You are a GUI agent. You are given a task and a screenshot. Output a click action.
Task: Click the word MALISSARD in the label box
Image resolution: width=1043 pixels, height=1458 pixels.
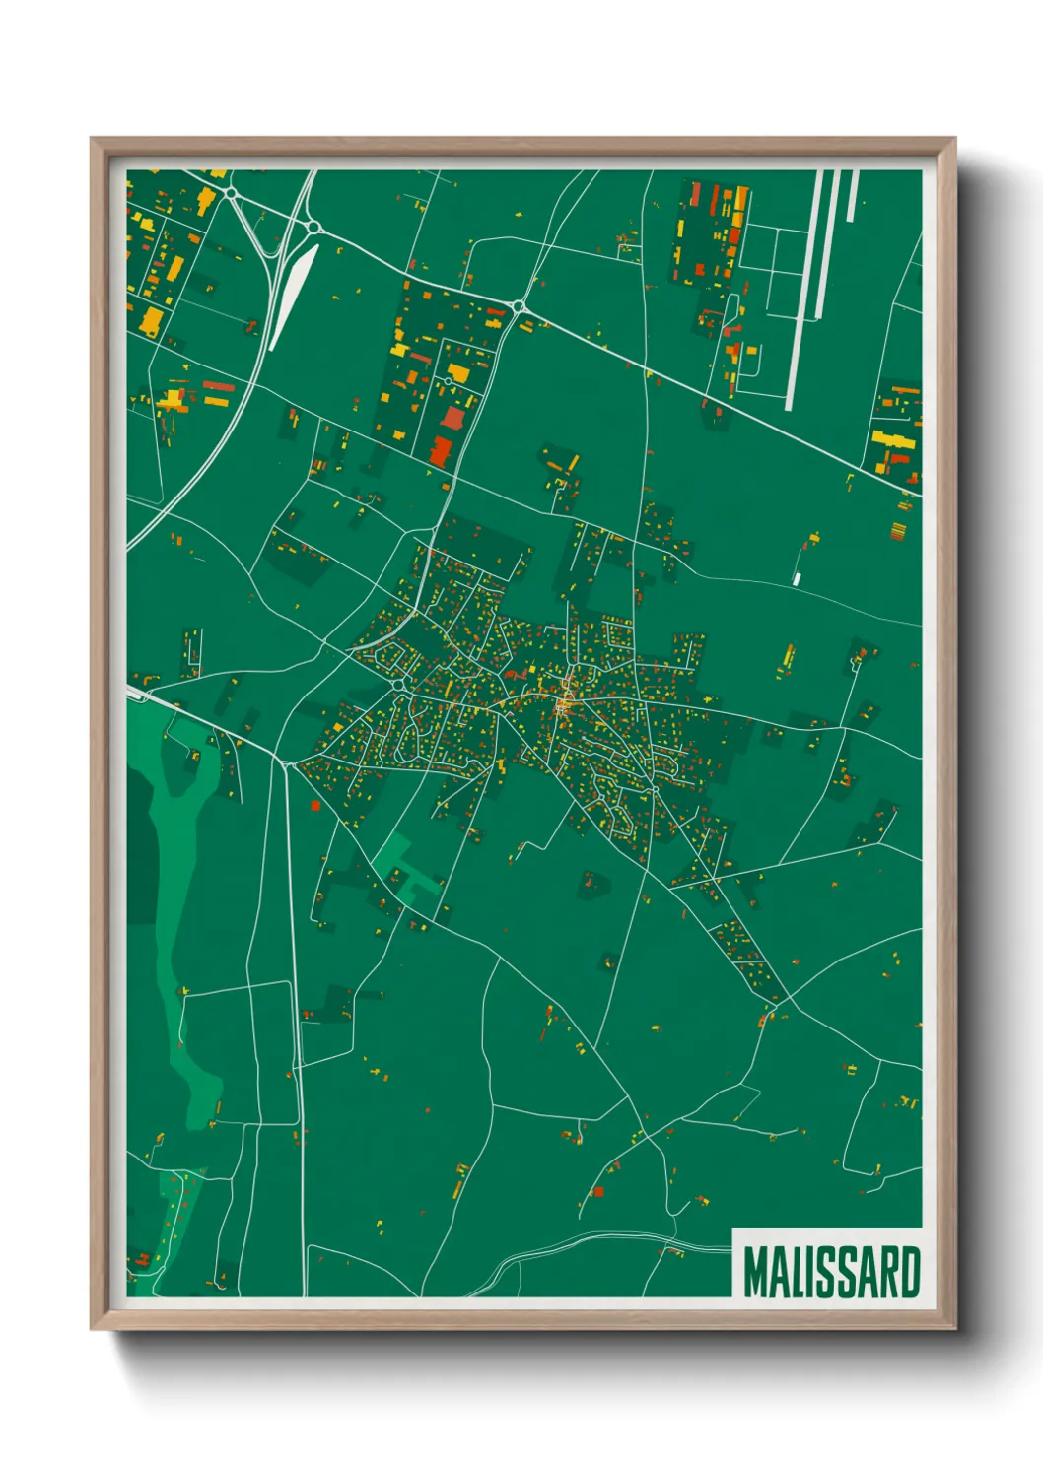(x=832, y=1272)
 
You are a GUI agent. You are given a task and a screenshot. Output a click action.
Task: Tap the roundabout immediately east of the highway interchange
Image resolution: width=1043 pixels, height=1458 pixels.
(x=313, y=227)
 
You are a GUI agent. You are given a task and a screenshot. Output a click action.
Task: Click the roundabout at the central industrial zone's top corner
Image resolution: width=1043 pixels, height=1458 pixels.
(x=519, y=308)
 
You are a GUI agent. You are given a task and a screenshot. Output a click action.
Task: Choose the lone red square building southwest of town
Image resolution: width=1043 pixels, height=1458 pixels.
(x=315, y=805)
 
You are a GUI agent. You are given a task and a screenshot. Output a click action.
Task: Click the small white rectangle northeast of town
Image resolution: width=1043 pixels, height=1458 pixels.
(x=797, y=578)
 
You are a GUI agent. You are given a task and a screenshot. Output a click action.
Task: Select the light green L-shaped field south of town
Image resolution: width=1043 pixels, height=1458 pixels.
(x=404, y=867)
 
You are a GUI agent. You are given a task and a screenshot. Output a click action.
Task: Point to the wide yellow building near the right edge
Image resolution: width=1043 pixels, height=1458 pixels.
(x=890, y=438)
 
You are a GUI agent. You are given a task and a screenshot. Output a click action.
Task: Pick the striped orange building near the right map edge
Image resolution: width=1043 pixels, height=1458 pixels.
(x=898, y=531)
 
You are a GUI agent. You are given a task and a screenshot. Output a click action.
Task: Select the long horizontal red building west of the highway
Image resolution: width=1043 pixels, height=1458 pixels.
(x=218, y=386)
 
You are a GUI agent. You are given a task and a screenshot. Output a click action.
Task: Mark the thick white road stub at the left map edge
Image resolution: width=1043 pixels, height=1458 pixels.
(x=138, y=696)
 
